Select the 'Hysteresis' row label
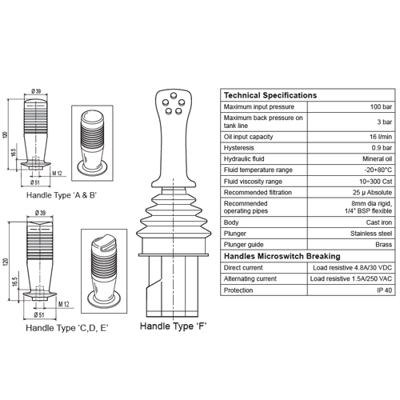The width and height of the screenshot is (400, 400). click(238, 148)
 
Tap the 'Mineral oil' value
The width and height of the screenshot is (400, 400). click(377, 159)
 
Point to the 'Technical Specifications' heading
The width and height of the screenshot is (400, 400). click(270, 95)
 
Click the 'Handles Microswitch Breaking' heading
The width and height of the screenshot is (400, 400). click(282, 256)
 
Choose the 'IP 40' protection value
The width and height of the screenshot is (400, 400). click(384, 290)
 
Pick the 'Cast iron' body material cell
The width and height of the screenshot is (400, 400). click(379, 222)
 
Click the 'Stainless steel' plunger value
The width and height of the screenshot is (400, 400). click(371, 234)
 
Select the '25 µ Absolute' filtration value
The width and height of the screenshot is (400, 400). click(372, 193)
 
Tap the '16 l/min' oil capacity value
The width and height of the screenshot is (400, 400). click(381, 137)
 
